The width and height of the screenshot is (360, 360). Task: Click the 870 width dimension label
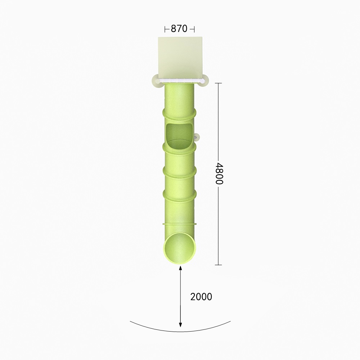pyautogui.click(x=179, y=29)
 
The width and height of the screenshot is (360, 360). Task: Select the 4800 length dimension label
pyautogui.click(x=219, y=174)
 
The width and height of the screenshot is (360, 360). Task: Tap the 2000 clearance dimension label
pyautogui.click(x=201, y=297)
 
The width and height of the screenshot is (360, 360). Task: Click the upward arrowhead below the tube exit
pyautogui.click(x=180, y=269)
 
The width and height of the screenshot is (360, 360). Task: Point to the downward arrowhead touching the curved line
pyautogui.click(x=180, y=324)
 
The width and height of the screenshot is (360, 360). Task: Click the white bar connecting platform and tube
pyautogui.click(x=180, y=81)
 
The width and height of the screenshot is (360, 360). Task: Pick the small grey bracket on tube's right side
pyautogui.click(x=197, y=137)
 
